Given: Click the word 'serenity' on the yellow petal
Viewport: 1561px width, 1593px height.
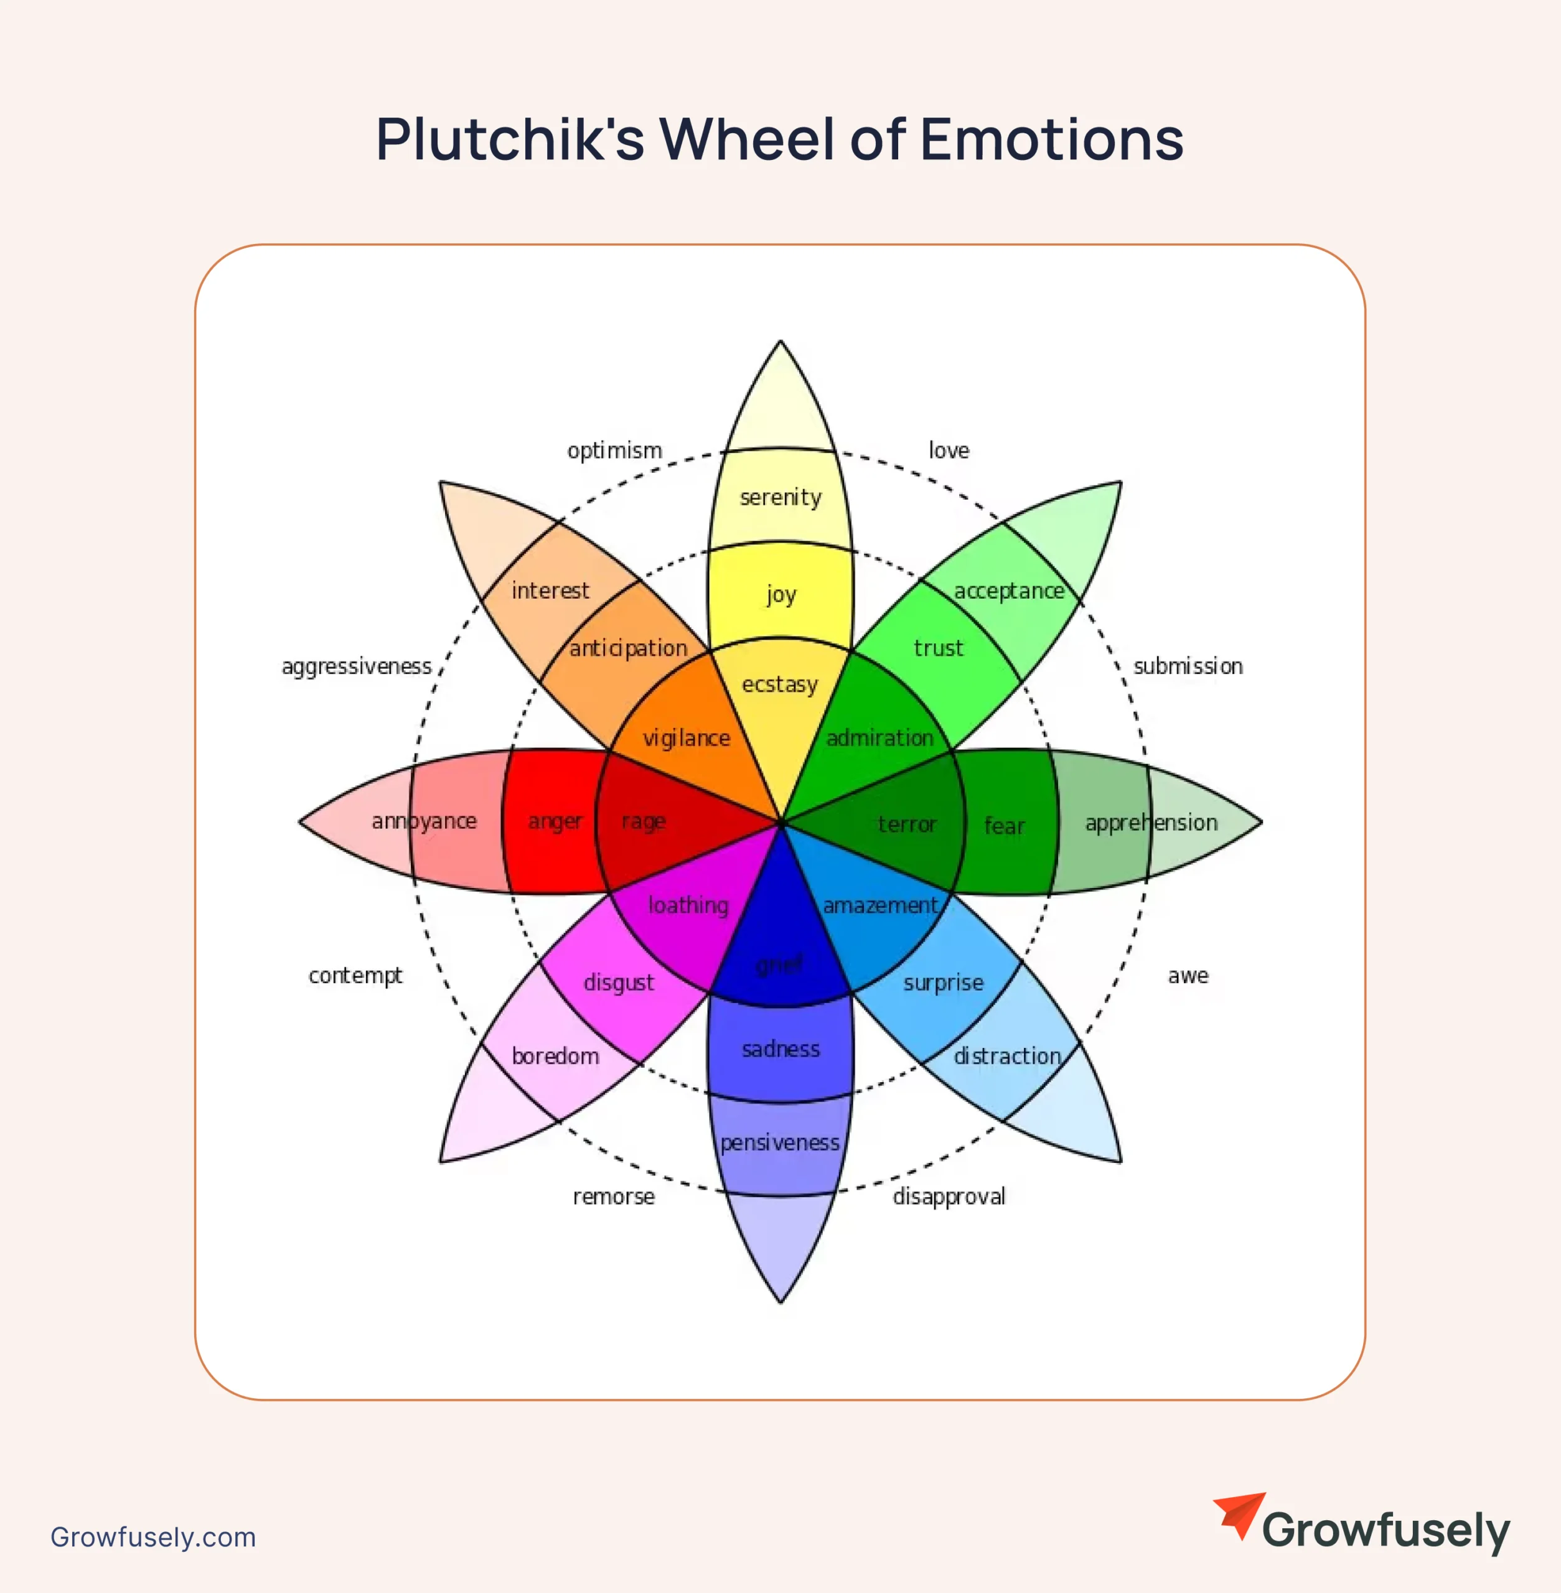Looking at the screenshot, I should [x=780, y=497].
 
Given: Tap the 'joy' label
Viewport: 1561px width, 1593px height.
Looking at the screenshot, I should [x=780, y=594].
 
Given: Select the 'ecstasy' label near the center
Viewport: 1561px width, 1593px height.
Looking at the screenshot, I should [x=780, y=684].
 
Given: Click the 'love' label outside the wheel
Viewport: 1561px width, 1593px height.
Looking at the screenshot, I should [x=949, y=450].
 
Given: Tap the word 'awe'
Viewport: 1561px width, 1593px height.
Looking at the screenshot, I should [x=1188, y=976].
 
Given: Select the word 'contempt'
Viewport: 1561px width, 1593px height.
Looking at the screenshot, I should [x=355, y=976].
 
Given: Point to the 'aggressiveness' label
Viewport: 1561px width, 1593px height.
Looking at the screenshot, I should [x=356, y=666].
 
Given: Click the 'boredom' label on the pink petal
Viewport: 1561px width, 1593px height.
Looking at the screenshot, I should [x=555, y=1056].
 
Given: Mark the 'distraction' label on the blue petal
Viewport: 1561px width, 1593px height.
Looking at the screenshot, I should [x=1007, y=1056].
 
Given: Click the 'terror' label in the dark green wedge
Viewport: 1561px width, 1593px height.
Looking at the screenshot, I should [x=907, y=824].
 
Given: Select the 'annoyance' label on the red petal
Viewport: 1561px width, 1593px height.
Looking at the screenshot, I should [x=424, y=821].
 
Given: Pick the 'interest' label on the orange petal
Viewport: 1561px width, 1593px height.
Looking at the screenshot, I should [x=550, y=591].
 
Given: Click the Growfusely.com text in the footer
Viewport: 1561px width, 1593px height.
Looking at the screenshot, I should [x=152, y=1537].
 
